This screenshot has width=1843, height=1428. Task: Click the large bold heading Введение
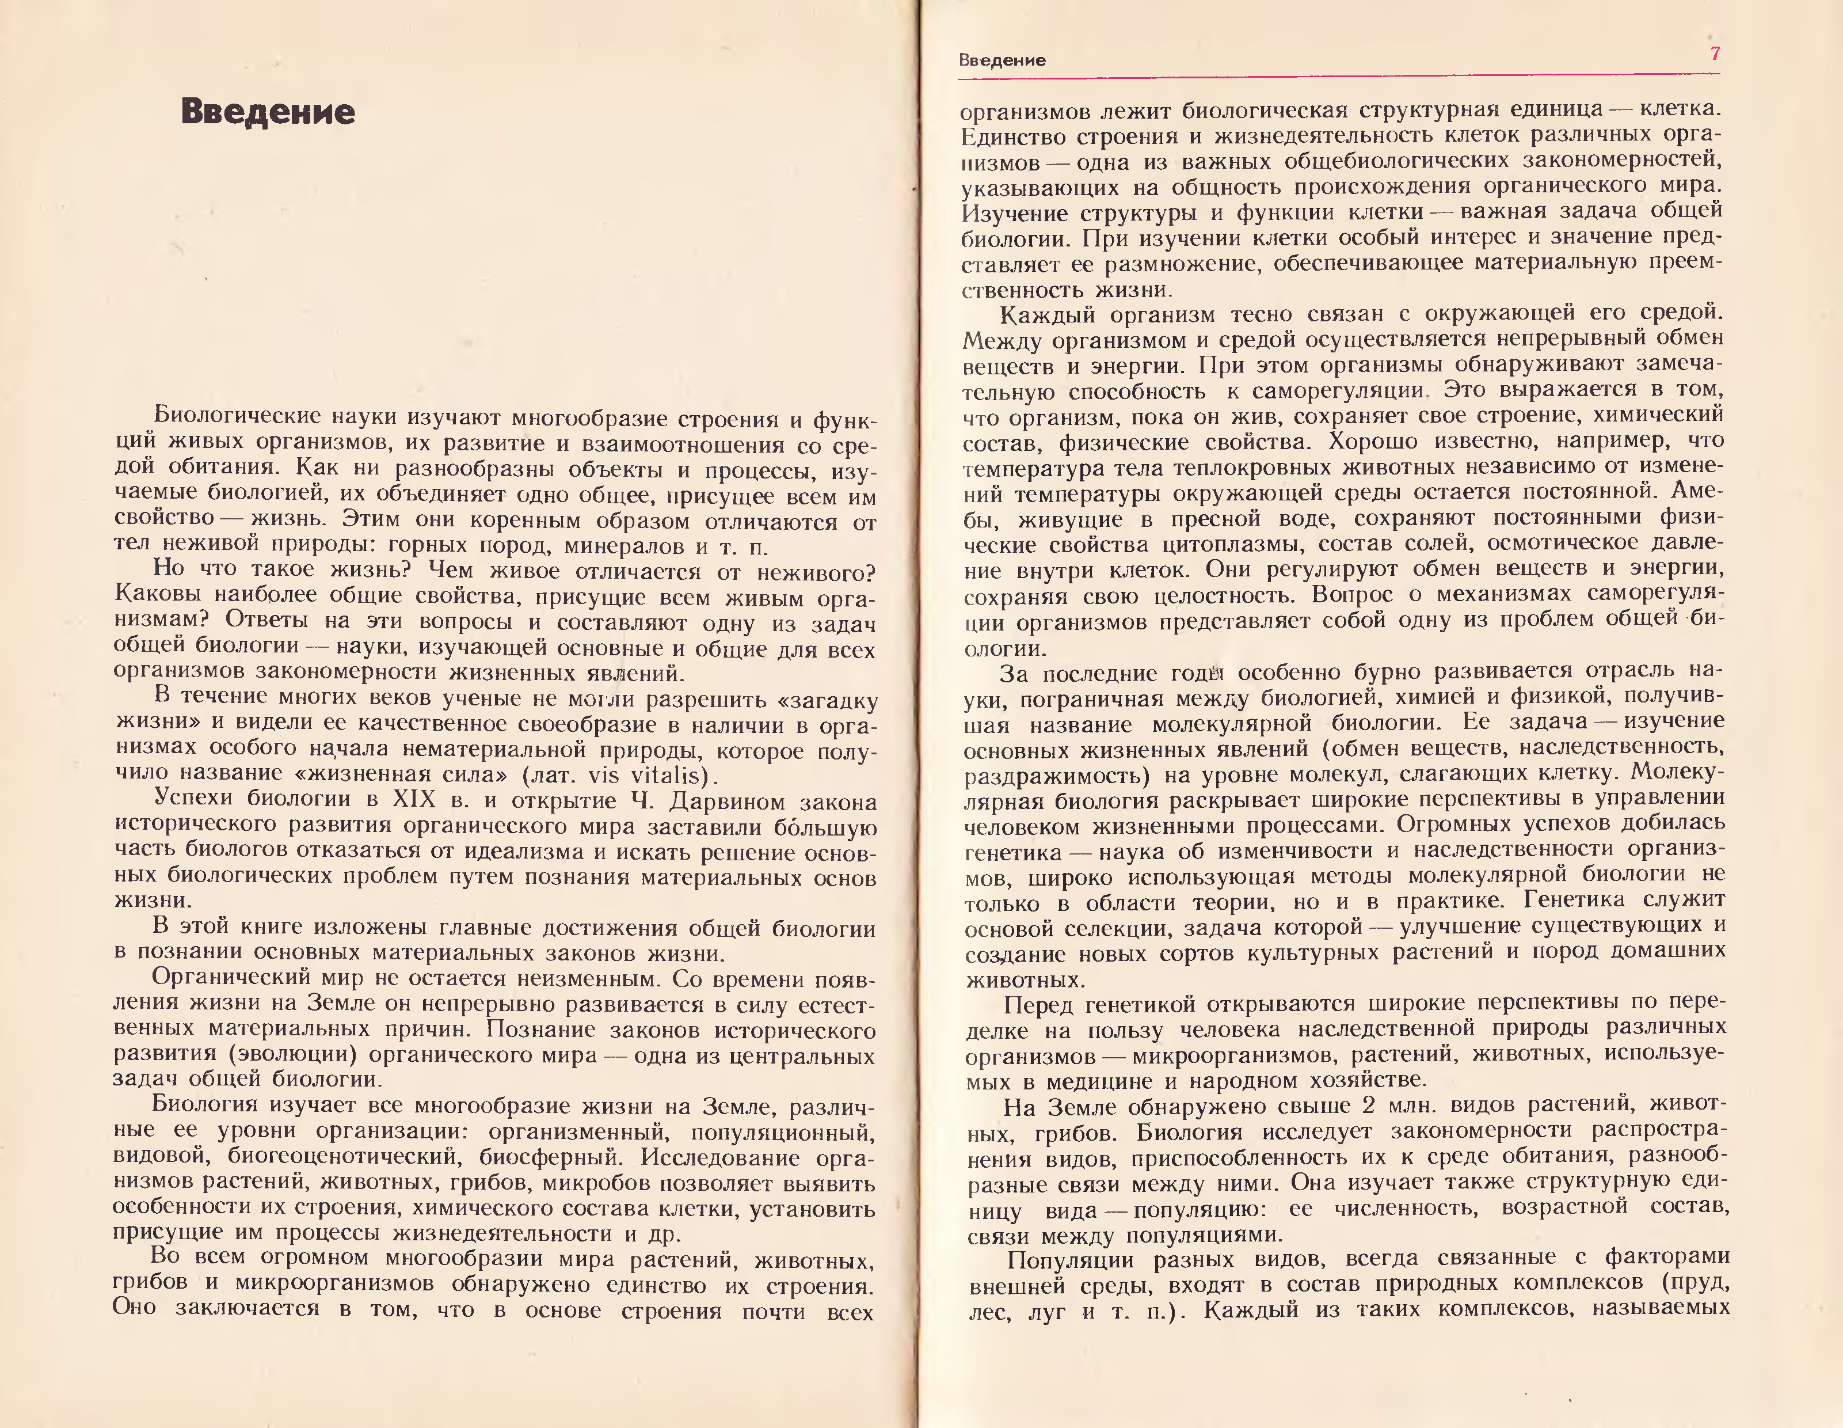(268, 112)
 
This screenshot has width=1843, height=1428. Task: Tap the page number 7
(1714, 54)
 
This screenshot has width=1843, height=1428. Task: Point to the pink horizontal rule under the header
(1338, 76)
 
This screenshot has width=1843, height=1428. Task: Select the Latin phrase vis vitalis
(646, 776)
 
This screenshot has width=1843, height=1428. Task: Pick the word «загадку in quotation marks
(823, 701)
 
